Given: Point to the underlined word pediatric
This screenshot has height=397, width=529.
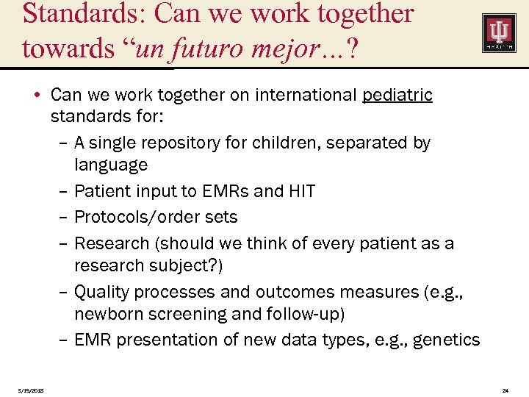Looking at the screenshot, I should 397,95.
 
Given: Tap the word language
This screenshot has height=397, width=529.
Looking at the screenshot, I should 111,165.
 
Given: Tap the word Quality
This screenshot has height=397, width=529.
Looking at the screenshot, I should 103,292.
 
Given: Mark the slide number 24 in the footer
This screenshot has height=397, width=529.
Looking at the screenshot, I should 505,390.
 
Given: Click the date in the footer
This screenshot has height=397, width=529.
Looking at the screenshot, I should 31,390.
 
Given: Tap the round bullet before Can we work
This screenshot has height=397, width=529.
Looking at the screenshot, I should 40,96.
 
